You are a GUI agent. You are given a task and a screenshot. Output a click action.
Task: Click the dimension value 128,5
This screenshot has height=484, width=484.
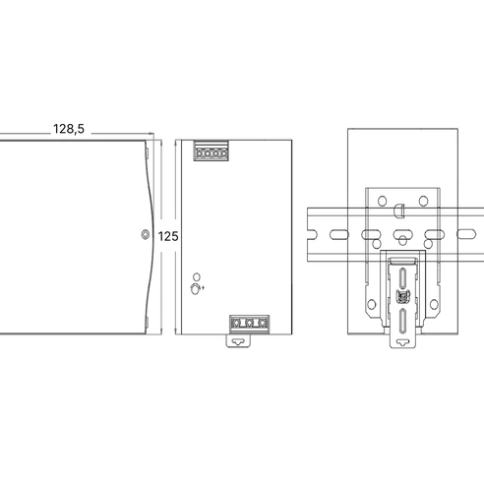click(x=69, y=129)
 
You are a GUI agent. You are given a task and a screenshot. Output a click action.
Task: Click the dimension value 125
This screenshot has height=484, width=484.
click(x=168, y=236)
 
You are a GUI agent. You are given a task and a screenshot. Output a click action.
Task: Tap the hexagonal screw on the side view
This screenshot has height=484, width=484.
click(x=145, y=234)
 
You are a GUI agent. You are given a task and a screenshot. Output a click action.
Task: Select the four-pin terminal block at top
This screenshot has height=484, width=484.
click(x=211, y=151)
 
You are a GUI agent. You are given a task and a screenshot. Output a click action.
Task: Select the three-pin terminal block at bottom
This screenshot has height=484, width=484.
click(x=250, y=324)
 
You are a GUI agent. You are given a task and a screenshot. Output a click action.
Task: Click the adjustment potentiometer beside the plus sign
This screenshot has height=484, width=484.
click(x=195, y=289)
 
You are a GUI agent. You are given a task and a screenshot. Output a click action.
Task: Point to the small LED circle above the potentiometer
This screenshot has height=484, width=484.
click(x=197, y=276)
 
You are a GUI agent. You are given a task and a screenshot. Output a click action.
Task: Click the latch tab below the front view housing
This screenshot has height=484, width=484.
click(x=238, y=340)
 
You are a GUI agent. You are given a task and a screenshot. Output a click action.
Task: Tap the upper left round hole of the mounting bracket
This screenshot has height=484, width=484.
click(x=382, y=201)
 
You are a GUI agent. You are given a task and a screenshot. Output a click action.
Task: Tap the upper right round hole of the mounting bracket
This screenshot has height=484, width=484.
click(x=423, y=201)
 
